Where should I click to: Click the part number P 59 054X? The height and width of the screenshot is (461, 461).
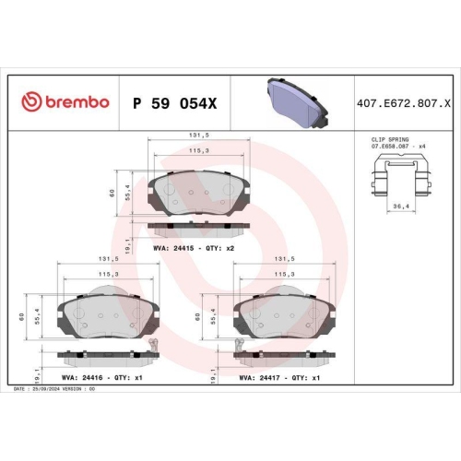point(174,101)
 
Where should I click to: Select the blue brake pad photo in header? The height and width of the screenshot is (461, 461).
point(292,103)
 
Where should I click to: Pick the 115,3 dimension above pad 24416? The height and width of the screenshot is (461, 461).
point(109,274)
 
